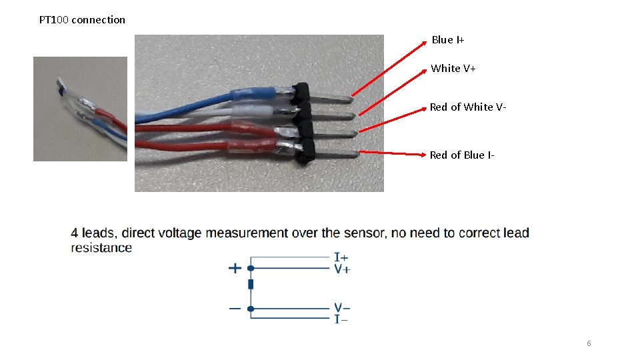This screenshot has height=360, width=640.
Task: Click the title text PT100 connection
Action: [82, 20]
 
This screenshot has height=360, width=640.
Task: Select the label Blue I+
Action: [448, 40]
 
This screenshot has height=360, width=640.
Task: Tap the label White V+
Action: [453, 69]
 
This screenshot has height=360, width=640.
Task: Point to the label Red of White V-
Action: [468, 107]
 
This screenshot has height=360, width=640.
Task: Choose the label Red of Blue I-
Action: [462, 155]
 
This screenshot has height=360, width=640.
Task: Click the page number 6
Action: [589, 343]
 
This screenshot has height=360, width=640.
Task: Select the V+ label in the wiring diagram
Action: [342, 269]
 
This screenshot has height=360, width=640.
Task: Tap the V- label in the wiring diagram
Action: [342, 308]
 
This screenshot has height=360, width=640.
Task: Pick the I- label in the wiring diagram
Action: [341, 319]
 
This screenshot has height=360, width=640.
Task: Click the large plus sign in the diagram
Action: [235, 268]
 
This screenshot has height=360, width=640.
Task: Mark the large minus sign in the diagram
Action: [235, 309]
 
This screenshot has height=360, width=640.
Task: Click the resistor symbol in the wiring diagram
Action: [251, 285]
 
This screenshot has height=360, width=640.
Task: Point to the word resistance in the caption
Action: [101, 248]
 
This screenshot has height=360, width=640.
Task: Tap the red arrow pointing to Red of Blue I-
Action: [393, 153]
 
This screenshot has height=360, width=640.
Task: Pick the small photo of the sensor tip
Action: [80, 109]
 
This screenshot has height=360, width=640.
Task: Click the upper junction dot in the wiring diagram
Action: [251, 268]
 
